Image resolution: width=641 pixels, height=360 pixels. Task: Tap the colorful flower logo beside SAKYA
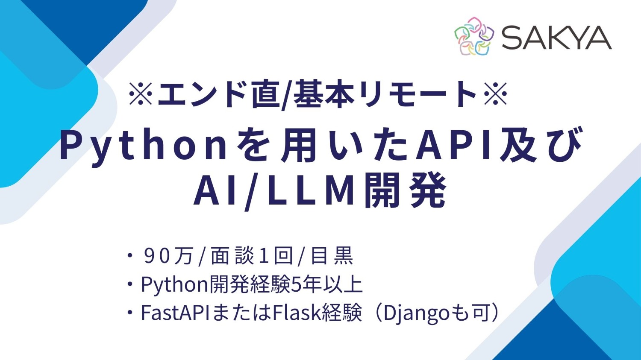pyautogui.click(x=474, y=37)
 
